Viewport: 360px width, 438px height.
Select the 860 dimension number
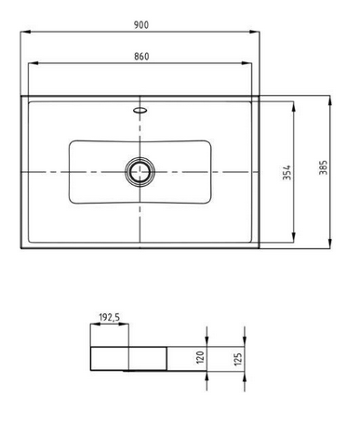point(140,57)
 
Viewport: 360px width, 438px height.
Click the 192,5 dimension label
point(109,318)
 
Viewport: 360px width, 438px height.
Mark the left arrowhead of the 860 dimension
point(31,64)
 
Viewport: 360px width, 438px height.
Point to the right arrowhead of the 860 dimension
point(251,64)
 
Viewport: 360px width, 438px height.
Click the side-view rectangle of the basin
point(128,357)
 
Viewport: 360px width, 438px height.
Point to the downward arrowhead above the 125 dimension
point(243,340)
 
